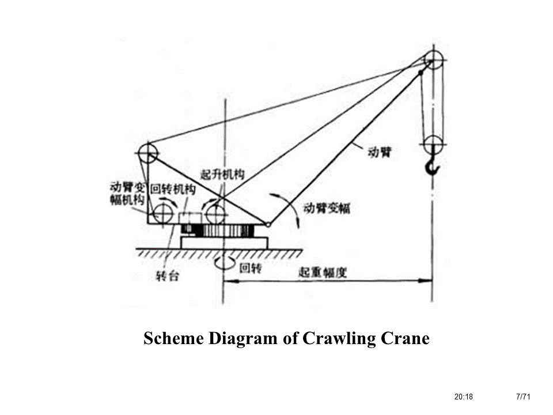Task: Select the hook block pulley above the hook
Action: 433,144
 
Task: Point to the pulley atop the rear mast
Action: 147,154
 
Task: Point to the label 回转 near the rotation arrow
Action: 250,267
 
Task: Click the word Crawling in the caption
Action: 337,338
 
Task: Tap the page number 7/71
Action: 523,397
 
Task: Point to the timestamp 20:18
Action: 463,397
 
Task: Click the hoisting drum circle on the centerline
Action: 215,214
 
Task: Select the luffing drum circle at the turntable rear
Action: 162,213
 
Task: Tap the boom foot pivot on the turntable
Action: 268,224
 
